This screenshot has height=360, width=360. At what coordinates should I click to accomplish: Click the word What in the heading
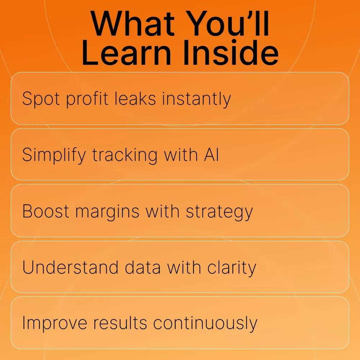[x=132, y=24]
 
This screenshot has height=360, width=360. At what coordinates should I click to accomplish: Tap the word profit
[x=87, y=99]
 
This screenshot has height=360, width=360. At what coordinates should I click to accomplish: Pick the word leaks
[x=135, y=98]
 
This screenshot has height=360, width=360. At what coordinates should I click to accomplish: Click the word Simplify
[x=54, y=155]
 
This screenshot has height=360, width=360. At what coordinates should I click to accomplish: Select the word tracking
[x=125, y=155]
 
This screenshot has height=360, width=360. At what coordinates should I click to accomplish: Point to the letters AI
[x=211, y=154]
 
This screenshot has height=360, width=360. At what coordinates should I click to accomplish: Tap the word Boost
[x=45, y=211]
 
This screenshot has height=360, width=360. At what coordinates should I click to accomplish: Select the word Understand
[x=70, y=267]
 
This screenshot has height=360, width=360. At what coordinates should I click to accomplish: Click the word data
[x=143, y=267]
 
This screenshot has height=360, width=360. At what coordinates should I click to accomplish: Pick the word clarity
[x=231, y=268]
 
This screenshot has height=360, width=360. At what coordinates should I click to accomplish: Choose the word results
[x=120, y=323]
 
